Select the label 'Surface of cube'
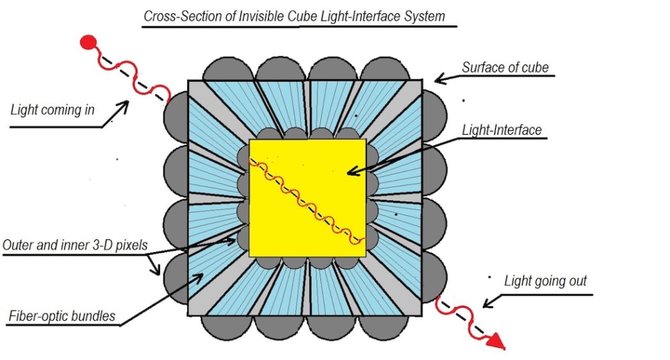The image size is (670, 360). click(505, 67)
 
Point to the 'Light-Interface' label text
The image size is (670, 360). click(502, 130)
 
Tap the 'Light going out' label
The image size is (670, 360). click(545, 281)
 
